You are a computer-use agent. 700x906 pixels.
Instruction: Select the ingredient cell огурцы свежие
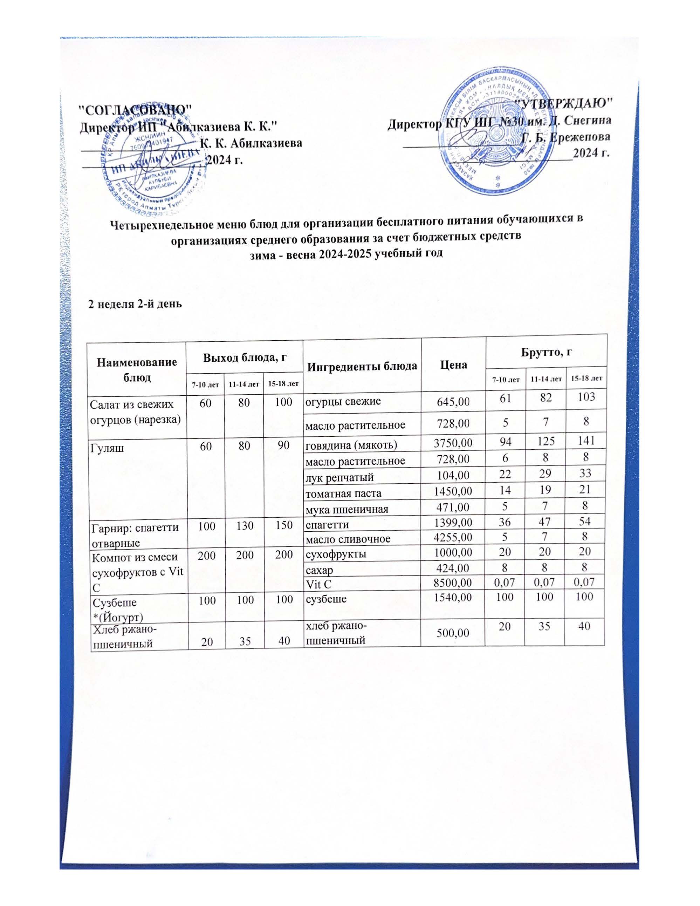click(343, 402)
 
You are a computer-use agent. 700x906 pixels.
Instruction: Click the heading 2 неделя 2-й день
click(135, 304)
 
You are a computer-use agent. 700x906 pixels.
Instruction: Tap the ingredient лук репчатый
click(339, 477)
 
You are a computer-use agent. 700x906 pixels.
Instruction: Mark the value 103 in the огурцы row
click(584, 397)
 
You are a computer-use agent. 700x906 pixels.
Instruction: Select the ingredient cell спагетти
click(327, 524)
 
